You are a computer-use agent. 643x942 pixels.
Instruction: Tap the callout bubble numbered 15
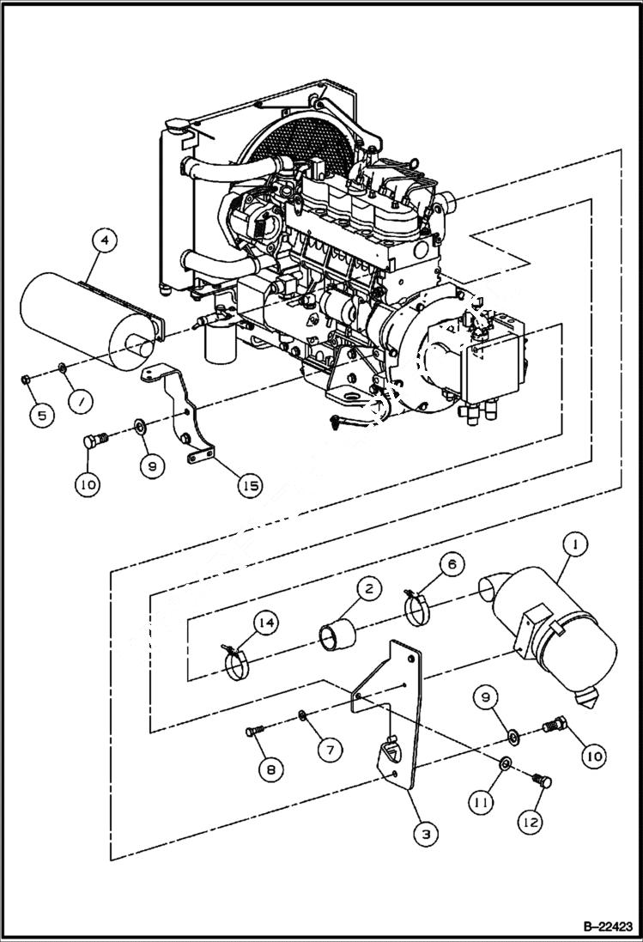tap(251, 485)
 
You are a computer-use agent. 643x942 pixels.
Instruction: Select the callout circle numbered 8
tap(270, 769)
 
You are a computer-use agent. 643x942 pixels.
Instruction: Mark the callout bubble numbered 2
tap(368, 589)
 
